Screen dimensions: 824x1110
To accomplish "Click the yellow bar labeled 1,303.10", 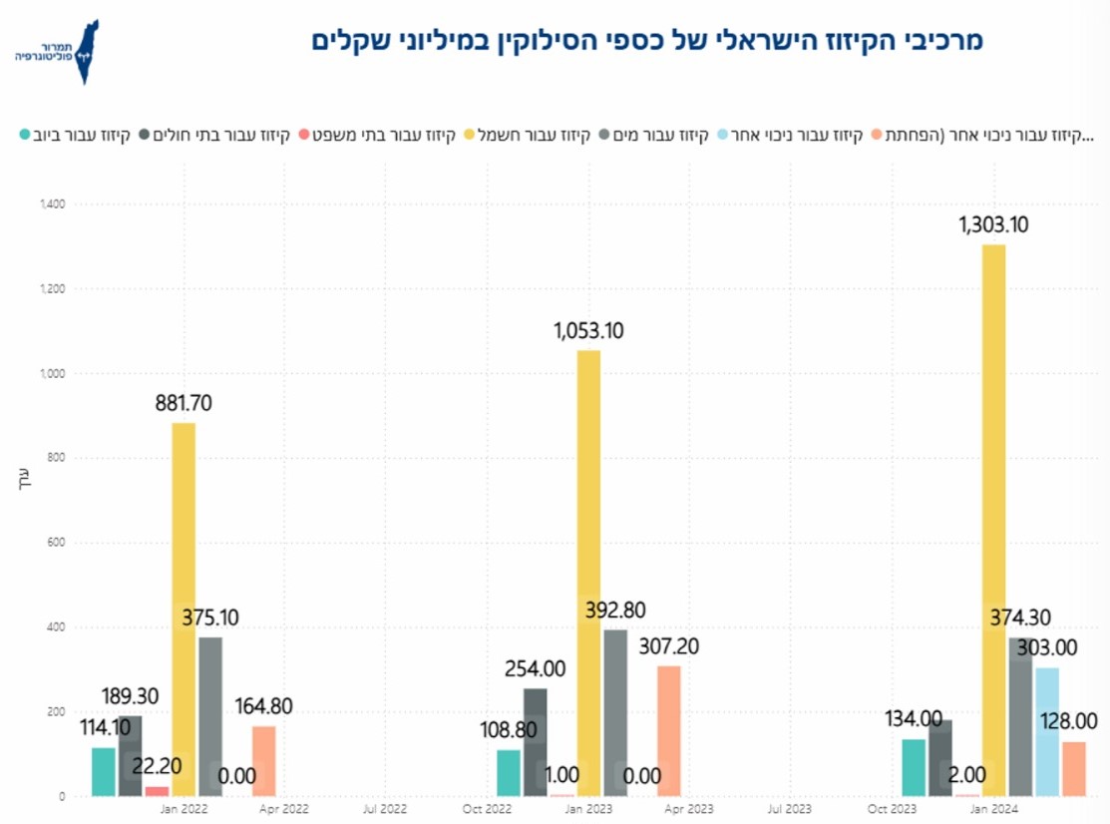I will pyautogui.click(x=993, y=519).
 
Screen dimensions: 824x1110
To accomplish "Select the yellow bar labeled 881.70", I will pyautogui.click(x=184, y=609).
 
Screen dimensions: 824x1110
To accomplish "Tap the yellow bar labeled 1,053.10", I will pyautogui.click(x=588, y=574).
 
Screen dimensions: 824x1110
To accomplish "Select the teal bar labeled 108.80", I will pyautogui.click(x=509, y=772).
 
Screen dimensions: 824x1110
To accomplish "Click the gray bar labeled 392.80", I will pyautogui.click(x=616, y=712).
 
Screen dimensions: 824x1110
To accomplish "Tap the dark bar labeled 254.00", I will pyautogui.click(x=536, y=742).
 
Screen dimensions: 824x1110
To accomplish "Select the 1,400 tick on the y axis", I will pyautogui.click(x=52, y=205).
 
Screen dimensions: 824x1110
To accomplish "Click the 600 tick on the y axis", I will pyautogui.click(x=56, y=543).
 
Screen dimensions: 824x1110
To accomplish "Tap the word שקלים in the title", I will pyautogui.click(x=351, y=41).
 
